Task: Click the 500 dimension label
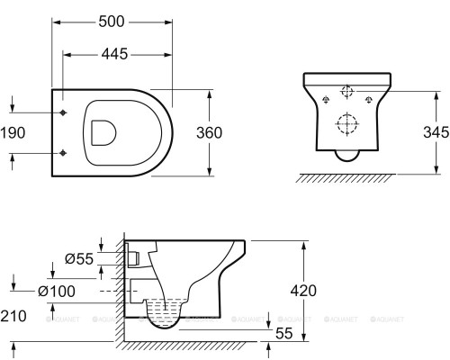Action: click(x=112, y=22)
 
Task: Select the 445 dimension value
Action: click(x=114, y=54)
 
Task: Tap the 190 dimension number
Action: click(x=13, y=133)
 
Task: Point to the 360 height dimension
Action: click(x=210, y=133)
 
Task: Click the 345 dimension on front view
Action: click(x=436, y=132)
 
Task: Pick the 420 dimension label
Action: click(x=303, y=291)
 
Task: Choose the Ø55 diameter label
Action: click(x=79, y=258)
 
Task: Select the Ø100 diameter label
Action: click(x=57, y=291)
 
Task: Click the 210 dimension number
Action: click(x=13, y=316)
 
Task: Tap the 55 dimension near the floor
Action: click(x=283, y=333)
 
